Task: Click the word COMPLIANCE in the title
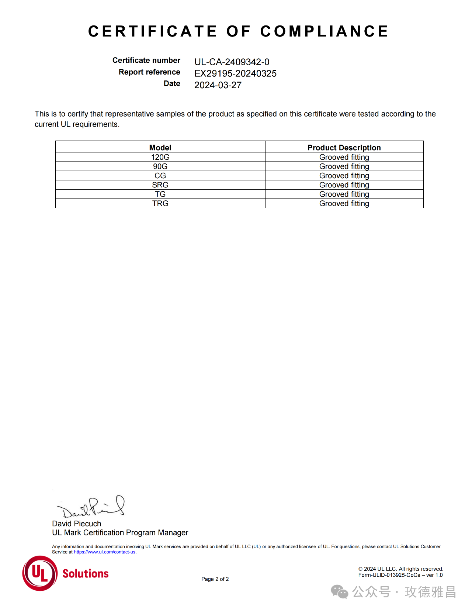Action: (324, 31)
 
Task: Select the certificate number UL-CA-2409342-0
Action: (232, 62)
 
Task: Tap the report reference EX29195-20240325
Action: (235, 73)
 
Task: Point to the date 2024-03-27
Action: (218, 85)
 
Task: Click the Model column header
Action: (160, 148)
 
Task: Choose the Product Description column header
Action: (344, 148)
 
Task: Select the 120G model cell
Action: (160, 157)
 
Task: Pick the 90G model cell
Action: (160, 166)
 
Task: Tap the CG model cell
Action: (160, 176)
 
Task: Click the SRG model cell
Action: (160, 185)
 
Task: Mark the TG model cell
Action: (160, 194)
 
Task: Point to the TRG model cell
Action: (160, 203)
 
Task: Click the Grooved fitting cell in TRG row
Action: (344, 203)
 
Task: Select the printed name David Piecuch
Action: (76, 524)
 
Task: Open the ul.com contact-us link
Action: (105, 552)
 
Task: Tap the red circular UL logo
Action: (40, 573)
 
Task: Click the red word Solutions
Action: (86, 574)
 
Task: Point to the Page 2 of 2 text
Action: (215, 579)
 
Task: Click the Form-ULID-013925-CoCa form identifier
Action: (389, 575)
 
